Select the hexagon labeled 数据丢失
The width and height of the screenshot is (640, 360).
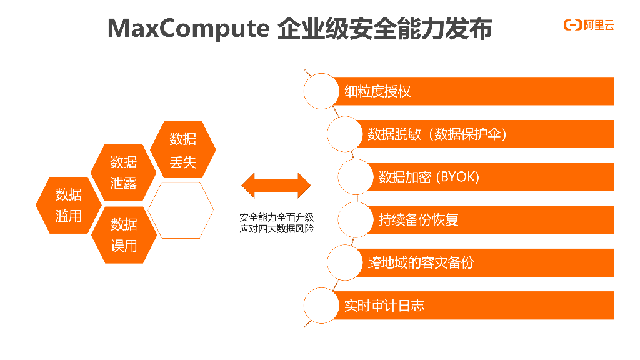point(183,150)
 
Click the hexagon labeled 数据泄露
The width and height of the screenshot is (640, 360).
point(123,172)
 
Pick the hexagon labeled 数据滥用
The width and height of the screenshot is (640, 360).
point(68,205)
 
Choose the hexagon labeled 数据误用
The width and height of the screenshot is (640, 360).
point(123,234)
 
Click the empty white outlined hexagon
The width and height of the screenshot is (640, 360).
point(182,210)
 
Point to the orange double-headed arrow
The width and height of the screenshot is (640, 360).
point(276,186)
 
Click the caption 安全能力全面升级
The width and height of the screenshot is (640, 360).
point(276,217)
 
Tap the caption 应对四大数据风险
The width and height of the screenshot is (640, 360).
point(276,229)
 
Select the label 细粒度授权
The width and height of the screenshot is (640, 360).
point(377,91)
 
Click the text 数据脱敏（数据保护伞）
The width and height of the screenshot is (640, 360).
point(436,134)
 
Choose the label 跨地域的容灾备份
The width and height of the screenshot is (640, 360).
point(420,262)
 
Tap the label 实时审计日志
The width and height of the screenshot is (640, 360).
point(384,306)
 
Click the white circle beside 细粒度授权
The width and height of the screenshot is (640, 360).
point(321,91)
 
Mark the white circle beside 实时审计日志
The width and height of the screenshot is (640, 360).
point(321,306)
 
